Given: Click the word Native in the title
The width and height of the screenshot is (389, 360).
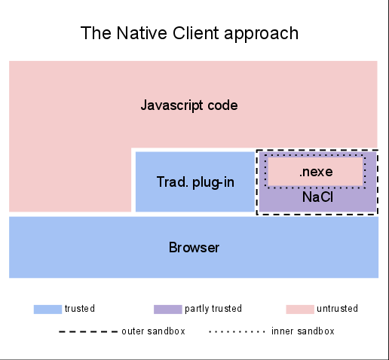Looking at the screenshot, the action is [x=142, y=33].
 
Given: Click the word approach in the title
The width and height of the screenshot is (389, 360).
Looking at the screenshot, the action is [x=261, y=34].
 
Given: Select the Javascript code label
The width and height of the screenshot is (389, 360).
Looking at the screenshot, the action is [x=189, y=105].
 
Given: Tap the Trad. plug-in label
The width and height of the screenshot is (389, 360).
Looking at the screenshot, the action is [x=195, y=182].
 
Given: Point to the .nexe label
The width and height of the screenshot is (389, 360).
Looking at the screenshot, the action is [x=316, y=172].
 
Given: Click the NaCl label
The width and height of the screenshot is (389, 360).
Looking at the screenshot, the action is [x=317, y=197].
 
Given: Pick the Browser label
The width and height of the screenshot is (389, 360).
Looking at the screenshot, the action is [x=194, y=248].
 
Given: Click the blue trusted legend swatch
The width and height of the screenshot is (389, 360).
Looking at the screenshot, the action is [x=47, y=310].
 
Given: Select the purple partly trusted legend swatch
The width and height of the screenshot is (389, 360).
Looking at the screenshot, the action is [x=168, y=310].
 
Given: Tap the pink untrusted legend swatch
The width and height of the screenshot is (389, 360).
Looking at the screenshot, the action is [x=300, y=310].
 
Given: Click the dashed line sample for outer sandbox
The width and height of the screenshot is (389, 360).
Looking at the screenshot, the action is [x=88, y=331].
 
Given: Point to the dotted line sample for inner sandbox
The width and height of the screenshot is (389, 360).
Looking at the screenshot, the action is [x=237, y=331].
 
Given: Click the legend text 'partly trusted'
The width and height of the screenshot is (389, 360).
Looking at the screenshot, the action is [x=213, y=309].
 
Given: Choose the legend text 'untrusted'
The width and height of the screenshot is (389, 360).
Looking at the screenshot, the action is [x=337, y=309].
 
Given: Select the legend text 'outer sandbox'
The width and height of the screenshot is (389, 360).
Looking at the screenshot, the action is [x=153, y=331].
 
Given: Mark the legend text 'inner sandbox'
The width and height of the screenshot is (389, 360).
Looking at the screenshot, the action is [x=303, y=331].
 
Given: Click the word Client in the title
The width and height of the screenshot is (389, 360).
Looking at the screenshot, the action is [x=195, y=33].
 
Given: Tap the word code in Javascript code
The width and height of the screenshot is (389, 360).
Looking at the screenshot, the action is [x=222, y=105].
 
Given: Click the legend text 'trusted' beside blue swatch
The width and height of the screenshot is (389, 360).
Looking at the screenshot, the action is [x=80, y=309].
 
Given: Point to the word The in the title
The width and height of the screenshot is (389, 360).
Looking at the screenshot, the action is [x=96, y=33].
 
